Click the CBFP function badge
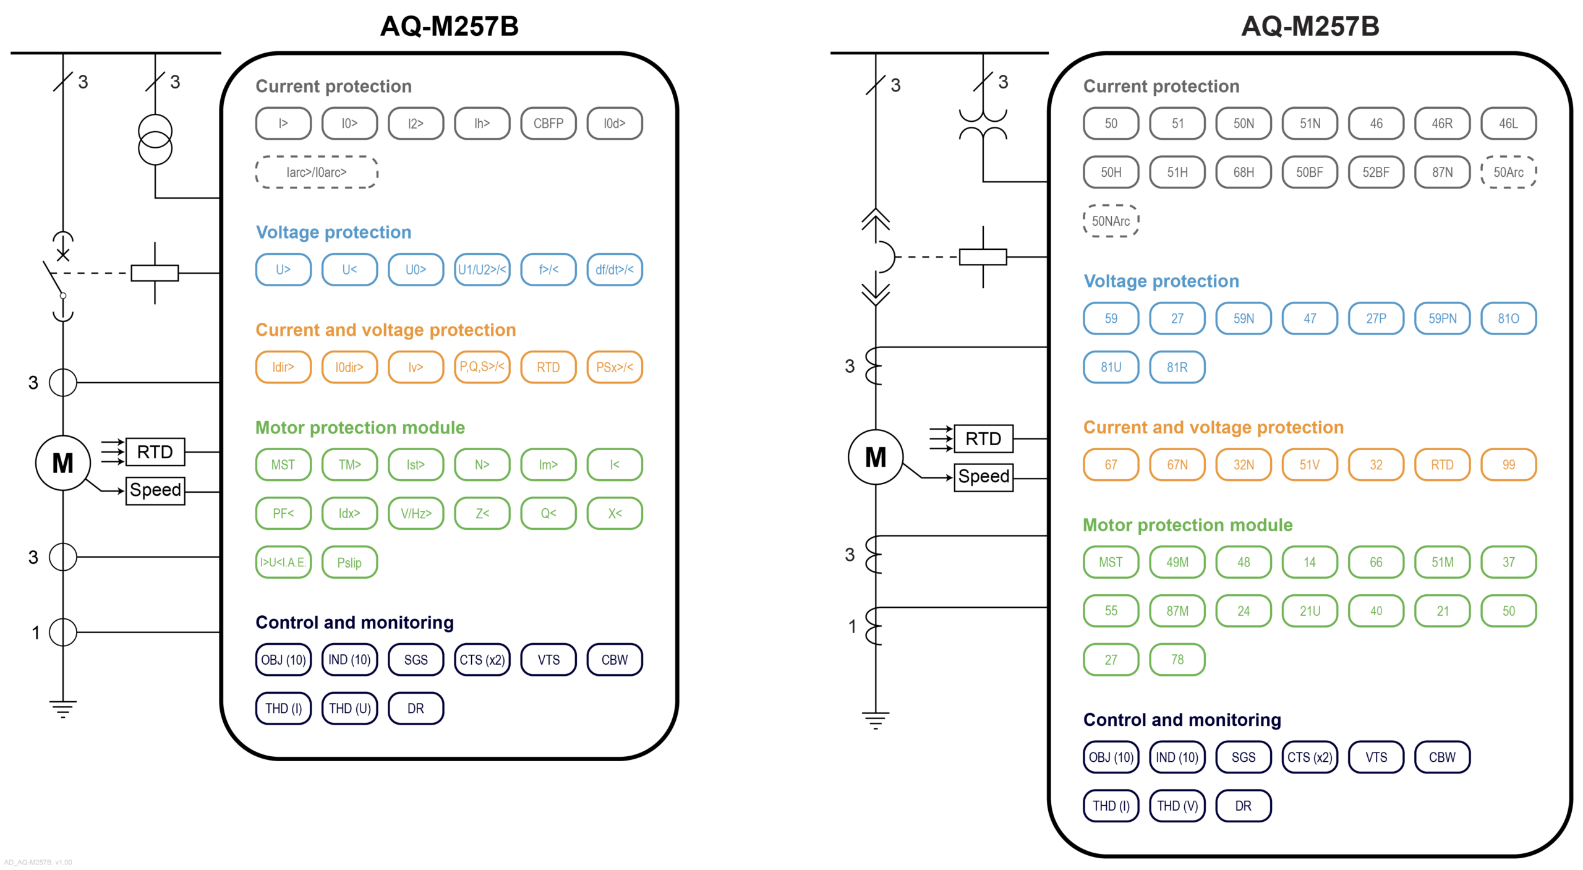click(548, 124)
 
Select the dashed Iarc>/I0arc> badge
click(316, 172)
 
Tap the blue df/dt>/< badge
click(614, 270)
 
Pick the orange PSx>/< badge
click(614, 367)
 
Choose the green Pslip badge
click(349, 563)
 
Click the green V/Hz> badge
click(416, 514)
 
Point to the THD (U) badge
click(349, 709)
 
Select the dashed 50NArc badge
click(1110, 221)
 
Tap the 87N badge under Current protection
click(1441, 173)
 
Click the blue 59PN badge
click(1441, 318)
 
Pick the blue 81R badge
click(1177, 367)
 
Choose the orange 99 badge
click(1508, 465)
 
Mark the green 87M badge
click(1177, 611)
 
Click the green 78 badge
click(1177, 660)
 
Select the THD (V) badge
click(1177, 806)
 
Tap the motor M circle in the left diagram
click(62, 463)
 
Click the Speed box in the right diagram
click(983, 477)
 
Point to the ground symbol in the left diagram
click(62, 708)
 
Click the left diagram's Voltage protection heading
click(333, 232)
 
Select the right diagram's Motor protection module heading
click(1187, 526)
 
